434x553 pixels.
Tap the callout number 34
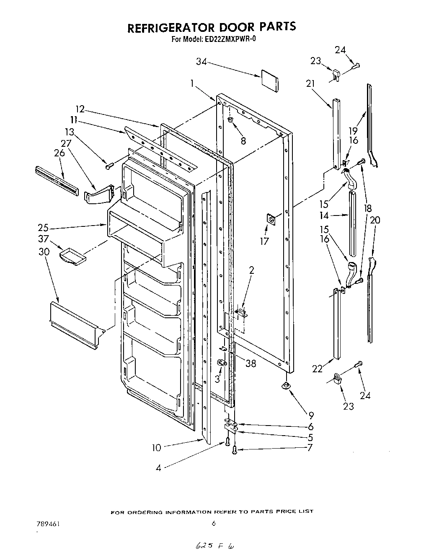(201, 61)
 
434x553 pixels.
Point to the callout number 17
(264, 241)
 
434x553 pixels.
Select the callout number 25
(43, 228)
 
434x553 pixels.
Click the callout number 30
(44, 252)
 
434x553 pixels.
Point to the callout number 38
(251, 363)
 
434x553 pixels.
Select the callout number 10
(156, 448)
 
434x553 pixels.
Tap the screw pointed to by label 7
(235, 450)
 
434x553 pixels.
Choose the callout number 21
(310, 83)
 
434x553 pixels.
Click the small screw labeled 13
(108, 166)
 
